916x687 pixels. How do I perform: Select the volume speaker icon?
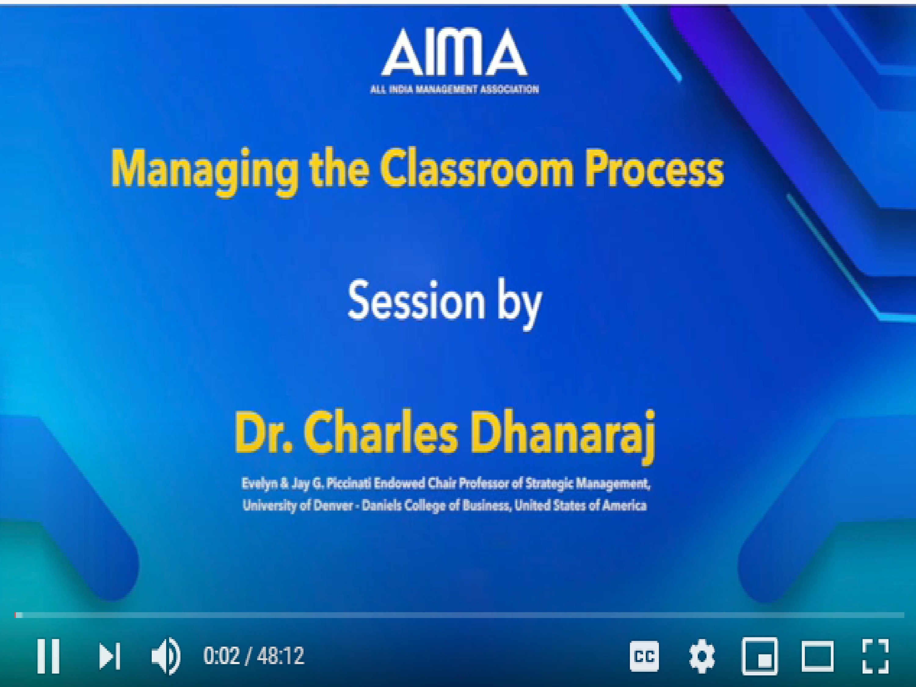[x=165, y=656]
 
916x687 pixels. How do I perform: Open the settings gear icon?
[x=702, y=656]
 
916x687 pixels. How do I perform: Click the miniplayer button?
[x=759, y=656]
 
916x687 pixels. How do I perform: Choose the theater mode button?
[x=817, y=656]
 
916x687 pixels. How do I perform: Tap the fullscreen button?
[x=875, y=656]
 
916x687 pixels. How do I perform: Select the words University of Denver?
[x=298, y=506]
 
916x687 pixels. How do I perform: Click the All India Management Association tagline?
[x=455, y=89]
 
